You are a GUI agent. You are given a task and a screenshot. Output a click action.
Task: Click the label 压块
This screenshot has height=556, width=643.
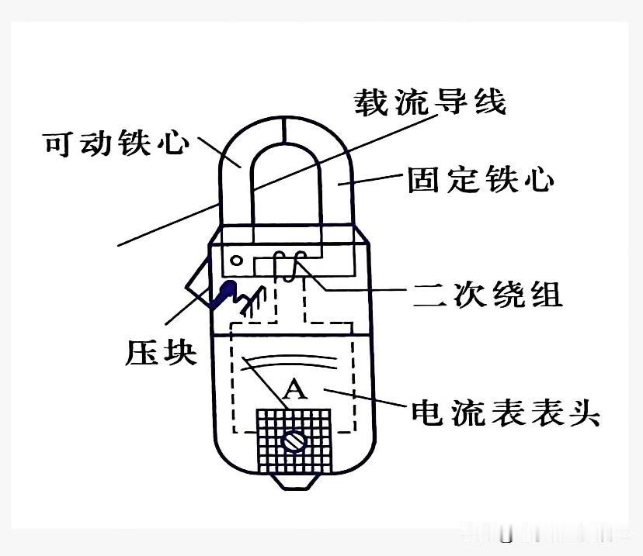[161, 353]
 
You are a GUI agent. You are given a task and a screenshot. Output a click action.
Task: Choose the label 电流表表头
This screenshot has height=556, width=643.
[506, 412]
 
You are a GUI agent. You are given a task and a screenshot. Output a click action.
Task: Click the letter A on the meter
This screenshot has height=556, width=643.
[294, 389]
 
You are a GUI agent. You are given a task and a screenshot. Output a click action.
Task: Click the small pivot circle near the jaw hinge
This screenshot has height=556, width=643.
[236, 261]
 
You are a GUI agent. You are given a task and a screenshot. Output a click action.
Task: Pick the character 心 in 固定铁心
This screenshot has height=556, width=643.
[539, 181]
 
